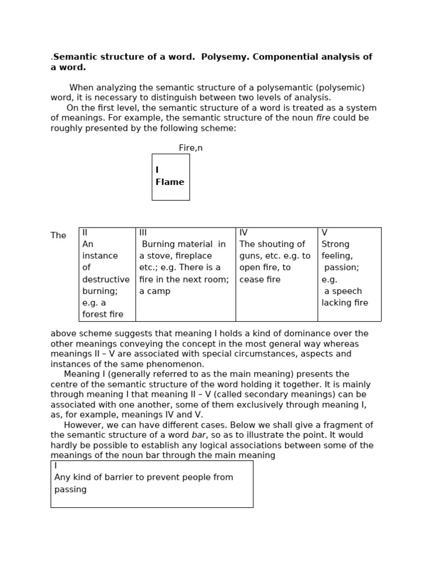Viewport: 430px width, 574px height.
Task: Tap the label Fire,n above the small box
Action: [191, 148]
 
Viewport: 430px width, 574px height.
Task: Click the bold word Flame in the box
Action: [170, 182]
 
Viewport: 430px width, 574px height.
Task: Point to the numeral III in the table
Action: [143, 232]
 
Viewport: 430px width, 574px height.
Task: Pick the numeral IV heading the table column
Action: [244, 232]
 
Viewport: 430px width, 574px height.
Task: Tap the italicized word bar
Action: [199, 435]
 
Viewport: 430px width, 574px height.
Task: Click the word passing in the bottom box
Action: [71, 489]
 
